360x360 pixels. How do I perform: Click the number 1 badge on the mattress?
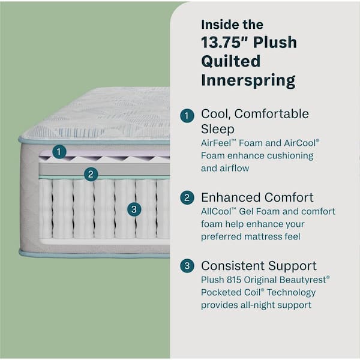[x=58, y=152]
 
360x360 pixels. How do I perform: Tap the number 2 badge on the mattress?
[x=91, y=174]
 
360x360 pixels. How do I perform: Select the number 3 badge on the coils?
[x=134, y=209]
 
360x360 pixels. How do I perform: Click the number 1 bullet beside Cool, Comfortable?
[x=188, y=115]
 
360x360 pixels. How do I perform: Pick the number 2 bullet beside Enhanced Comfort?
[x=188, y=198]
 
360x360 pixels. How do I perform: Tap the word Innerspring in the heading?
[x=247, y=79]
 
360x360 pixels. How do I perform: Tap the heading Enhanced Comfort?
[x=257, y=197]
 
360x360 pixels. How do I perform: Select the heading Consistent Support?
[x=259, y=266]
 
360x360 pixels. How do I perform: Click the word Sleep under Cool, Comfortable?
[x=217, y=129]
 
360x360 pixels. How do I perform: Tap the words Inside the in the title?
[x=232, y=25]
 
